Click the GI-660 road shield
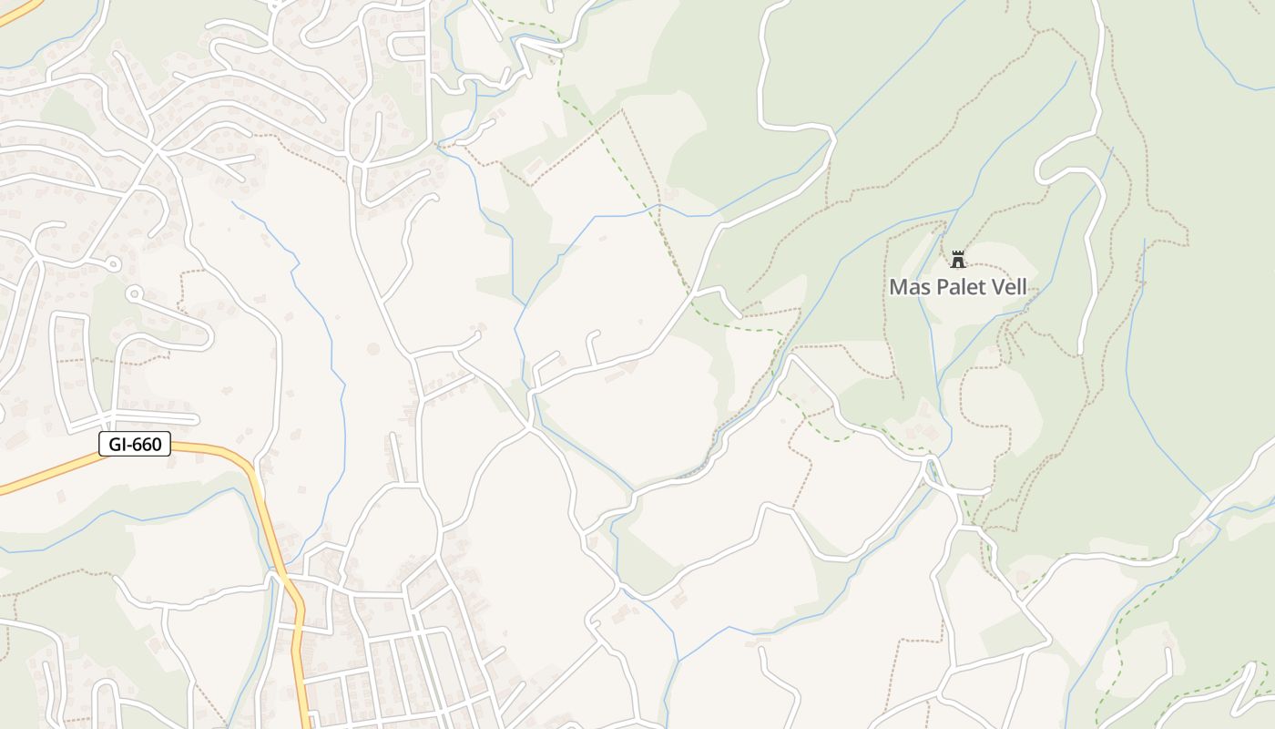pyautogui.click(x=135, y=445)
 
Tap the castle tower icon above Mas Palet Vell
pyautogui.click(x=957, y=260)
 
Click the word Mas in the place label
pyautogui.click(x=907, y=287)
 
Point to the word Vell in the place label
pyautogui.click(x=1009, y=287)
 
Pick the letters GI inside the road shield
pyautogui.click(x=116, y=445)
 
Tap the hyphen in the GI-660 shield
pyautogui.click(x=127, y=445)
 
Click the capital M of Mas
pyautogui.click(x=898, y=287)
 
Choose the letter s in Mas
pyautogui.click(x=922, y=287)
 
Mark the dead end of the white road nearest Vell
pyautogui.click(x=1080, y=353)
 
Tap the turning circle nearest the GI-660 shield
pyautogui.click(x=133, y=293)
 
